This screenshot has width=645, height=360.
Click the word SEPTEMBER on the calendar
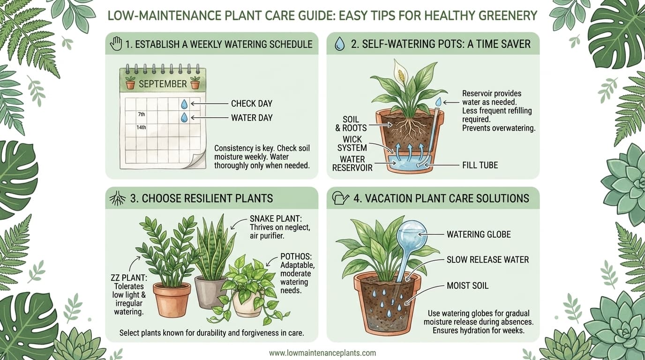pos(163,84)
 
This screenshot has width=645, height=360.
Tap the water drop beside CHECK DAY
pos(184,104)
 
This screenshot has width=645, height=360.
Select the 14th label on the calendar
pos(141,127)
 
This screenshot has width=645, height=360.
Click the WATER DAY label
pos(252,118)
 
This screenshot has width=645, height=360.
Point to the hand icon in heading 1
pos(115,44)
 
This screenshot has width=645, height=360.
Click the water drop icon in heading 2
pos(339,44)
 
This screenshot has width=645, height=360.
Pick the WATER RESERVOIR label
pos(352,163)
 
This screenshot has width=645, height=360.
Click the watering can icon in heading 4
pos(340,198)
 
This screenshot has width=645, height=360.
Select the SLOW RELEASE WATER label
pos(488,260)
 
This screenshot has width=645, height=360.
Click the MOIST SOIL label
pos(467,285)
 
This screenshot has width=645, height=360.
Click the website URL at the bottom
pos(322,353)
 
